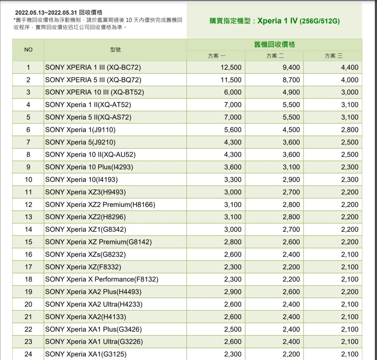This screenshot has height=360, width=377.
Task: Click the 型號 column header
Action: coord(115,50)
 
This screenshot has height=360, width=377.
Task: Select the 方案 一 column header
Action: coord(216,56)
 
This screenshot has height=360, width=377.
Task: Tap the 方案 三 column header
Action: coord(333,56)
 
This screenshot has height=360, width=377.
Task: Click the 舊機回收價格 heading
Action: coord(274,45)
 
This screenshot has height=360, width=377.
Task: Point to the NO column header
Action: coord(28,50)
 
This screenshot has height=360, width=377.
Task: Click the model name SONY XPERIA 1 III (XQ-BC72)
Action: coord(93,67)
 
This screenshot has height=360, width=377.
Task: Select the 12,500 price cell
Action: coord(231,67)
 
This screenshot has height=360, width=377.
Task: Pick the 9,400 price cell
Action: coord(291,67)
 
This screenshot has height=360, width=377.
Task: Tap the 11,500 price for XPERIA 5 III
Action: coord(231,80)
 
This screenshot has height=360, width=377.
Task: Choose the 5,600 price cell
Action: coord(233,130)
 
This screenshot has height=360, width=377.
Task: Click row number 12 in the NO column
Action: coord(28,205)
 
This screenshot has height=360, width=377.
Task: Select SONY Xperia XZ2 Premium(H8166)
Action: coord(100,205)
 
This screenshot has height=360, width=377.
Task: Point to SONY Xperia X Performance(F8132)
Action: coord(102,279)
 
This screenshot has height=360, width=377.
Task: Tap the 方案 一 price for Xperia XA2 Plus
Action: coord(233,292)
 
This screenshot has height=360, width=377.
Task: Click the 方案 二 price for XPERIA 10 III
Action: coord(291,92)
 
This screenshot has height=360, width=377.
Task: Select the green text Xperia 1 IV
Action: coord(277,21)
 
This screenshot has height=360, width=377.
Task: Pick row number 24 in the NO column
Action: coord(28,354)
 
